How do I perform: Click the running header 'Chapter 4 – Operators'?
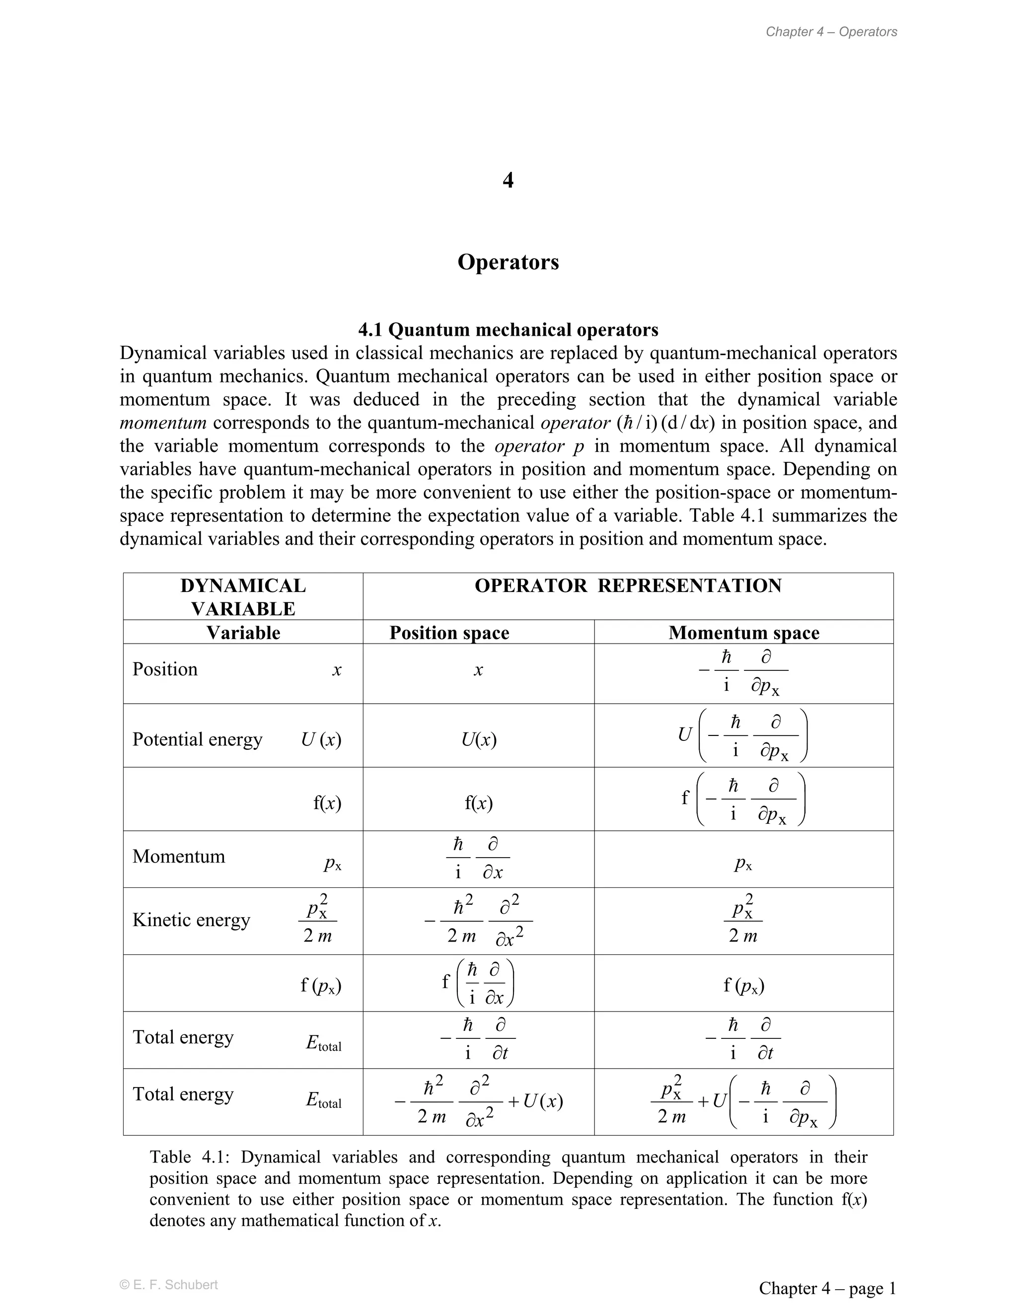(831, 32)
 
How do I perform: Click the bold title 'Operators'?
(508, 262)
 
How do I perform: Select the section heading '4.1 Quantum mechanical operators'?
(508, 330)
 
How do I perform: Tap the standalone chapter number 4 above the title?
(508, 180)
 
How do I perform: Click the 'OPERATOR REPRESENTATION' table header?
(628, 585)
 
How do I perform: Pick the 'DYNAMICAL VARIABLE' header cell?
(243, 596)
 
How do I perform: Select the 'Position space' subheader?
(449, 633)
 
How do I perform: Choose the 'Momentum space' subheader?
(743, 633)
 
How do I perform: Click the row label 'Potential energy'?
(197, 739)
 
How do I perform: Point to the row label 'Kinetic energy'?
(191, 920)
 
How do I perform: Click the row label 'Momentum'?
(178, 856)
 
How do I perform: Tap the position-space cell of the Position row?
(478, 670)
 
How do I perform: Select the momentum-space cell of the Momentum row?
(743, 864)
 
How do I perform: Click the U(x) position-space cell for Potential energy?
(478, 739)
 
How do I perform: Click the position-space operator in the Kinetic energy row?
(478, 921)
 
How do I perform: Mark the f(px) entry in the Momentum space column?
(743, 985)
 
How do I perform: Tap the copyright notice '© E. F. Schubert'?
(169, 1285)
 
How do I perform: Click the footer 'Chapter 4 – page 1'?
(827, 1288)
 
